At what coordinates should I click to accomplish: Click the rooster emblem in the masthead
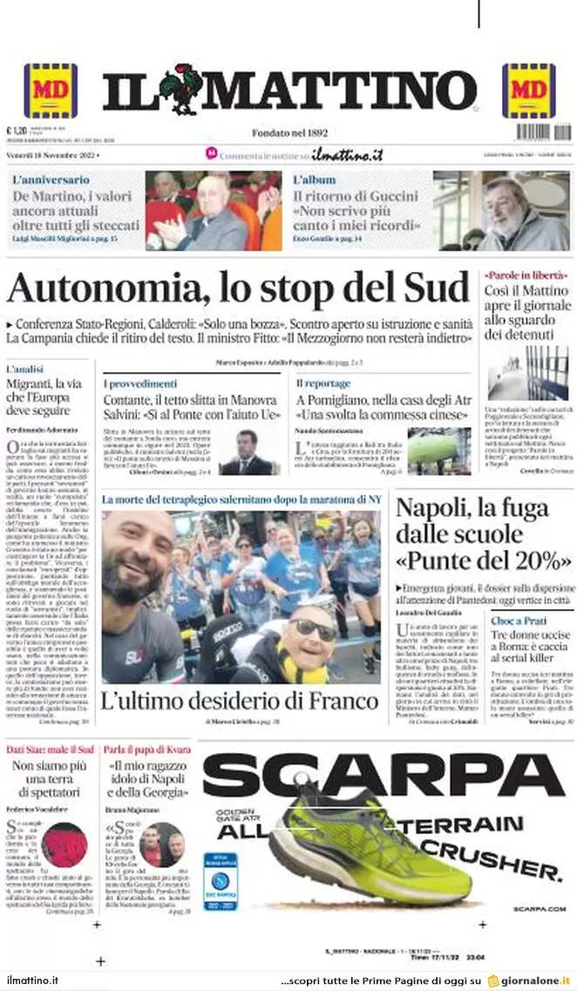tap(180, 89)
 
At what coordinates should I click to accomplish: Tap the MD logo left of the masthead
tap(51, 91)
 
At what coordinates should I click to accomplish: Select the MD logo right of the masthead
tap(528, 91)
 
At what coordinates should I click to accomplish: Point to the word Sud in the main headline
tap(437, 288)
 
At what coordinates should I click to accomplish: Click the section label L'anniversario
tap(51, 180)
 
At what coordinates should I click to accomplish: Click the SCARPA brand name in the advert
tap(384, 775)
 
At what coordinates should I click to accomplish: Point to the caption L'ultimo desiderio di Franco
tap(240, 702)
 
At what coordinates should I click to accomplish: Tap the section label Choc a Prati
tap(518, 621)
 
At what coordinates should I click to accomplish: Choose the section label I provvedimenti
tap(140, 384)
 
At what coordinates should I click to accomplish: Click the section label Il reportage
tap(322, 384)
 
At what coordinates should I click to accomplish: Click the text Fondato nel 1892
tap(289, 132)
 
